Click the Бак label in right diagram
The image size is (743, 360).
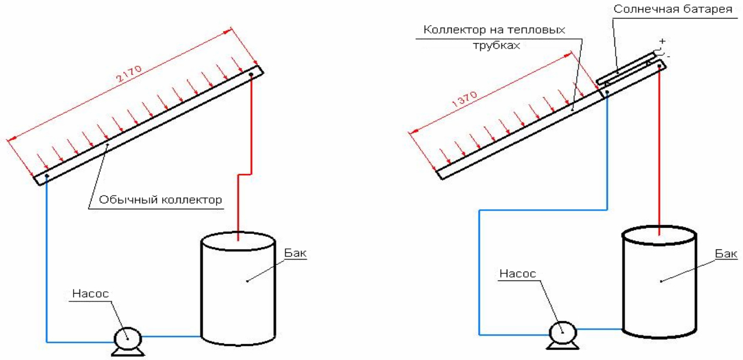pos(725,254)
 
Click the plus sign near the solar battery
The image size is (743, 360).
pos(662,41)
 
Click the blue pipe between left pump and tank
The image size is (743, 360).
pos(170,337)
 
